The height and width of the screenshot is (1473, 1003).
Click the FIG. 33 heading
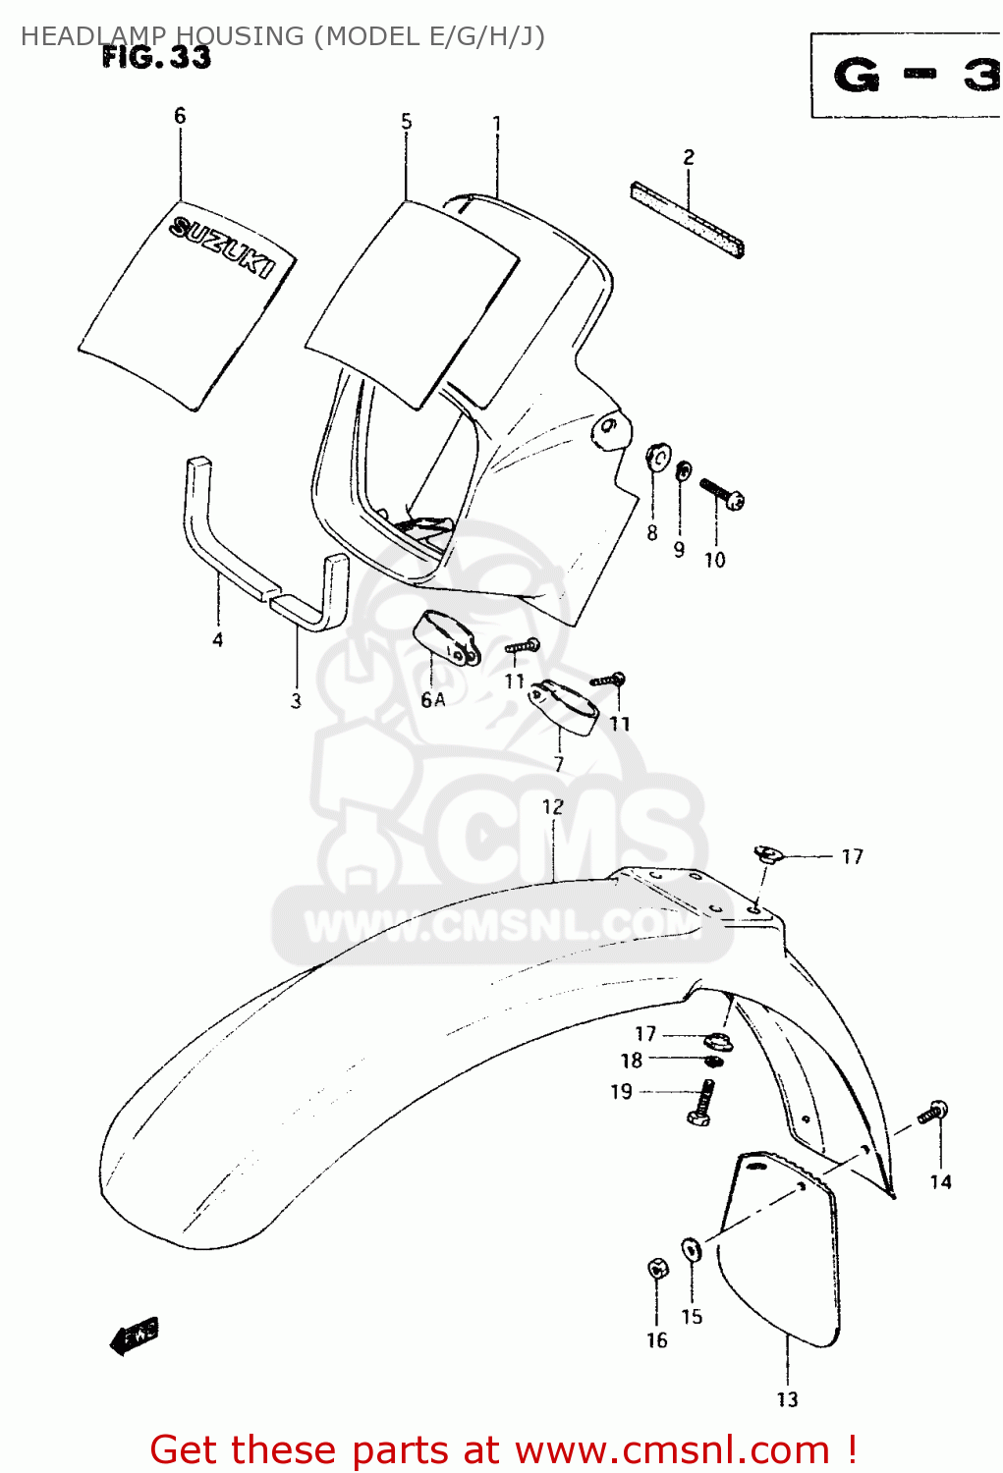click(x=156, y=58)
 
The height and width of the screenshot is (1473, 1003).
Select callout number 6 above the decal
click(x=180, y=116)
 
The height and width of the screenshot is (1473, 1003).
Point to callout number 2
click(x=689, y=157)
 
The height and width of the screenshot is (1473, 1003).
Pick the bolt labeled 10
click(x=722, y=493)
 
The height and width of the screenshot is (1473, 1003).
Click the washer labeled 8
click(x=656, y=458)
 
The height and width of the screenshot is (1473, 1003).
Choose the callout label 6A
click(x=433, y=700)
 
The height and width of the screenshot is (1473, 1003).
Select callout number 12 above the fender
click(x=553, y=807)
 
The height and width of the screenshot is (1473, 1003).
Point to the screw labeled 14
click(x=932, y=1114)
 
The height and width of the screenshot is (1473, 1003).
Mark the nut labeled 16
click(x=658, y=1269)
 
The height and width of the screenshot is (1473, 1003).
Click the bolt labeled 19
click(x=702, y=1102)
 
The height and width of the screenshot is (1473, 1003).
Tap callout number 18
click(x=632, y=1061)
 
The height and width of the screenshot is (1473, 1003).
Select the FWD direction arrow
click(x=134, y=1336)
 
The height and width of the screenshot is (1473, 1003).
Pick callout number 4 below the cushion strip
click(x=217, y=640)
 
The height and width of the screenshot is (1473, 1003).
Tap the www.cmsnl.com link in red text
click(x=672, y=1449)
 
